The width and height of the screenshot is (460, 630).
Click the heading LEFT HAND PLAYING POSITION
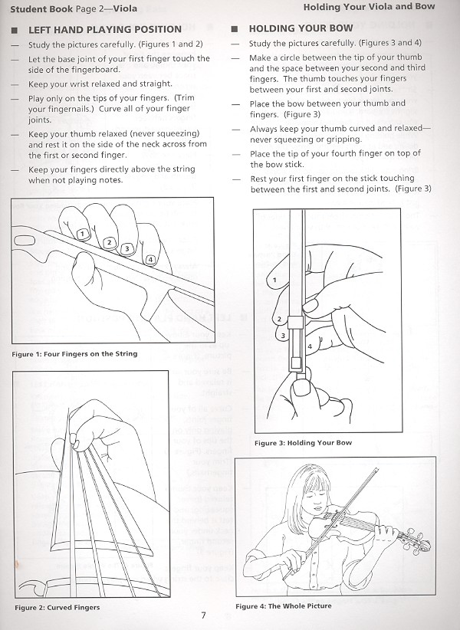pos(104,29)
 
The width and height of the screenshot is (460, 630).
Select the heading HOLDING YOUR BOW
pos(301,28)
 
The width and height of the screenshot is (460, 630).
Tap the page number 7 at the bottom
pos(203,615)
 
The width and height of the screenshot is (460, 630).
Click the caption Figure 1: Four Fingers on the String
pos(75,354)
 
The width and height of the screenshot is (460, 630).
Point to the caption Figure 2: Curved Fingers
pos(57,608)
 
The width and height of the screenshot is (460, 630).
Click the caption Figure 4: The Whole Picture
pos(284,606)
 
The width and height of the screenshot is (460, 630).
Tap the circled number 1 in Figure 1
pos(81,233)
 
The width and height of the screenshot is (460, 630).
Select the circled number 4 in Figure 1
pos(151,260)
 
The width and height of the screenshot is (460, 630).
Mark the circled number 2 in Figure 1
pos(110,242)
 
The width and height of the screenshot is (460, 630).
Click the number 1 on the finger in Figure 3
pos(274,282)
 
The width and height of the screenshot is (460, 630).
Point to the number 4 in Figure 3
pos(308,346)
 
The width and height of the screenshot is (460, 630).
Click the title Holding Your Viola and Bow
pos(369,7)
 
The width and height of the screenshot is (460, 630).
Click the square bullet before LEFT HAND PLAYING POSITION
pos(15,30)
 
